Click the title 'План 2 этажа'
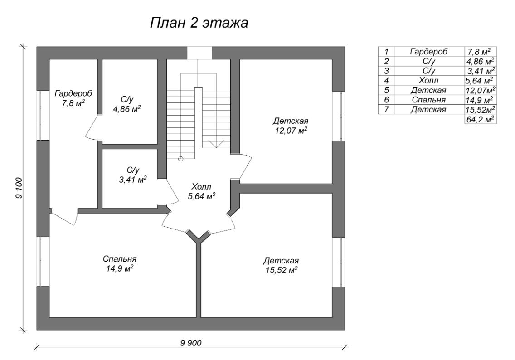(199, 23)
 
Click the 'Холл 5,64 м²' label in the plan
(201, 191)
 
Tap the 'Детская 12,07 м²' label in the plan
(290, 126)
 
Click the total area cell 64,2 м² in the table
(481, 119)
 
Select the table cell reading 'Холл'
(428, 81)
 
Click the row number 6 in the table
(386, 100)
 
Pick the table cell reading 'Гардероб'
(428, 52)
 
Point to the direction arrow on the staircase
(217, 143)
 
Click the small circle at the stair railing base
(181, 159)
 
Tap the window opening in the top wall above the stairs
(199, 53)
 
